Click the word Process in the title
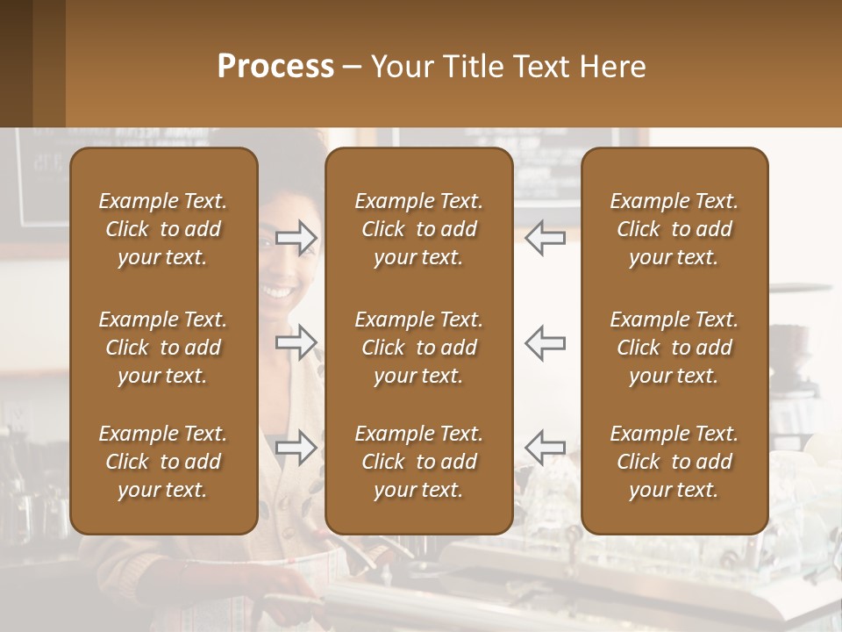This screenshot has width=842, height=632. pos(275,67)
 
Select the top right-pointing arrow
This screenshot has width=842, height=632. pos(296,238)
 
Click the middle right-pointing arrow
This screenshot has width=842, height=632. pos(296,341)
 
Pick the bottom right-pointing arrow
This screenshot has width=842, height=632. pos(296,447)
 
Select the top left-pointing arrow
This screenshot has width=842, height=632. pos(545,238)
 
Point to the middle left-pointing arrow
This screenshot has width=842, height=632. pos(545,341)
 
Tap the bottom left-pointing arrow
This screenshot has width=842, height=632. pos(545,447)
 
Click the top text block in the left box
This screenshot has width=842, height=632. pos(163,229)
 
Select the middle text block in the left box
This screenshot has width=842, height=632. pos(163,348)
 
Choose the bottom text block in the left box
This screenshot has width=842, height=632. pos(163,462)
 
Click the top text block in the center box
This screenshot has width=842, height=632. pos(419,229)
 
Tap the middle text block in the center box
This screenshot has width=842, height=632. pos(419,348)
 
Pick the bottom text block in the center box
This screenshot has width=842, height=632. pos(419,462)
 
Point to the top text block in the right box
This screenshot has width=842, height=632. pos(674,229)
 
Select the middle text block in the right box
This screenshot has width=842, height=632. pos(674,348)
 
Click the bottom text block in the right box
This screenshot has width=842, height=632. pos(674,462)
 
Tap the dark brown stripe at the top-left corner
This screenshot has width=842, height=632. pos(16,61)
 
